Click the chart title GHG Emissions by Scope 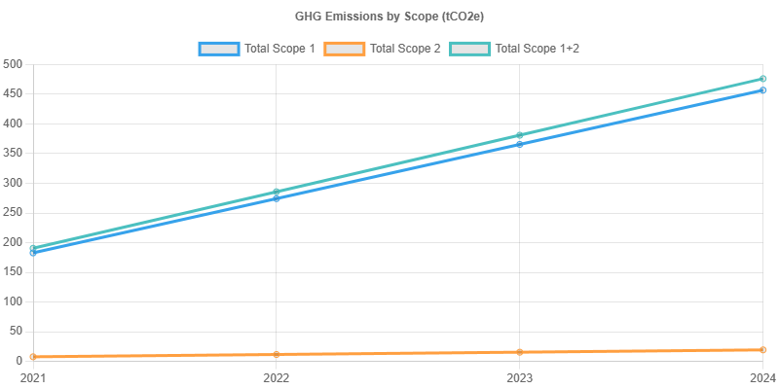tap(389, 17)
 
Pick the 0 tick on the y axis tap(19, 361)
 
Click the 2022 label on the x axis tap(277, 376)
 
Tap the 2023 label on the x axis tap(519, 376)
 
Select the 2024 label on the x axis tap(761, 376)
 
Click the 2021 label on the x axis tap(33, 376)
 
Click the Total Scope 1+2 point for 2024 tap(762, 79)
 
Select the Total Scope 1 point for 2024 tap(762, 90)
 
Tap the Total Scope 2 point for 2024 tap(762, 349)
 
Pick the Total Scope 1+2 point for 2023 tap(520, 135)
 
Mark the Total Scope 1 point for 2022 tap(277, 198)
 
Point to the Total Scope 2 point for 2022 tap(277, 354)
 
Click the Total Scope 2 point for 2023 tap(520, 351)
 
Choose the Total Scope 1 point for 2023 tap(520, 144)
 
